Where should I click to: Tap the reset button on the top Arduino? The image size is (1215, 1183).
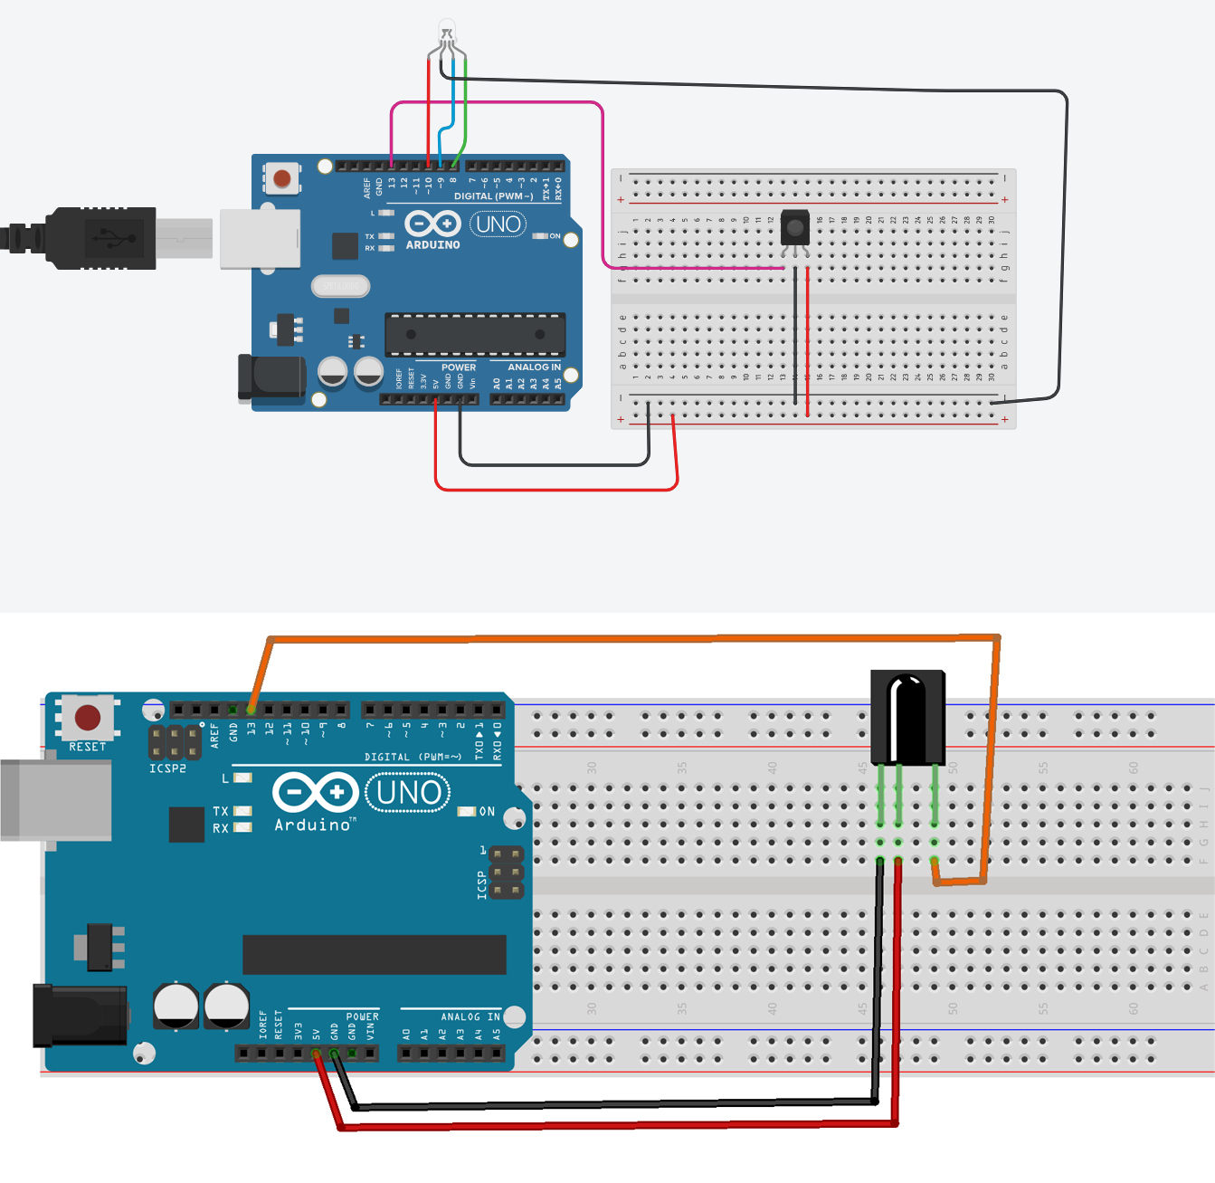[x=282, y=178]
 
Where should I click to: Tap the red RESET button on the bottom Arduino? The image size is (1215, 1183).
[x=88, y=718]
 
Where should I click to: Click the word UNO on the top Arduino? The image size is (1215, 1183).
[x=498, y=224]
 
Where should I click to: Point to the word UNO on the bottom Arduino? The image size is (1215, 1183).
[x=408, y=793]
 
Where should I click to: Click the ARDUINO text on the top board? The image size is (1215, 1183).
[x=432, y=245]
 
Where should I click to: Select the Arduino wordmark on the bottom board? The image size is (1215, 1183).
[x=313, y=825]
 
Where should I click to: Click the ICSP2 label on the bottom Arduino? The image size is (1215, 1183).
[x=167, y=768]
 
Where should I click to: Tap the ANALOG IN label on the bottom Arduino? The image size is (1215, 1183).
[x=470, y=1016]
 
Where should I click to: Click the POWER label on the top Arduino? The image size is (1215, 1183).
[x=459, y=367]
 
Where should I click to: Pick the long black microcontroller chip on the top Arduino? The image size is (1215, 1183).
[x=475, y=334]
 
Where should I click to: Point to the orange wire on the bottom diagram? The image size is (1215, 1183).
[x=633, y=639]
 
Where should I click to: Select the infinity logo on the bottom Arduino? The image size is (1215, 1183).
[x=316, y=793]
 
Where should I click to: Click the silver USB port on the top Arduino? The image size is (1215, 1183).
[x=261, y=239]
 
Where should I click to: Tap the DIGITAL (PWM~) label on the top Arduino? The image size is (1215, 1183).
[x=493, y=196]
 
